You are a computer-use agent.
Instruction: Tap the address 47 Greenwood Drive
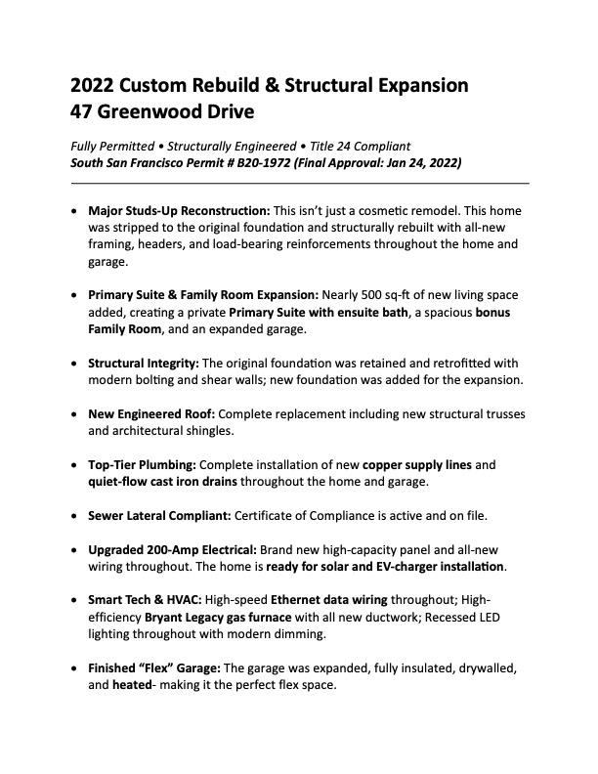pos(162,111)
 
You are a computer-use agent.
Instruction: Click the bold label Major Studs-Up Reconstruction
pos(179,211)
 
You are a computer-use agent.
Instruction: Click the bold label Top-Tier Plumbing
pos(142,464)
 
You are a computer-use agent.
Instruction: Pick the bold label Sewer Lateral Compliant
pos(156,515)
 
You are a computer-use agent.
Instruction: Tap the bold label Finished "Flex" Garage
pos(154,668)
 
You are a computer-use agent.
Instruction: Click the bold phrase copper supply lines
pos(418,464)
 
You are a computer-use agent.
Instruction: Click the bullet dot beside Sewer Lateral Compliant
pos(76,515)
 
